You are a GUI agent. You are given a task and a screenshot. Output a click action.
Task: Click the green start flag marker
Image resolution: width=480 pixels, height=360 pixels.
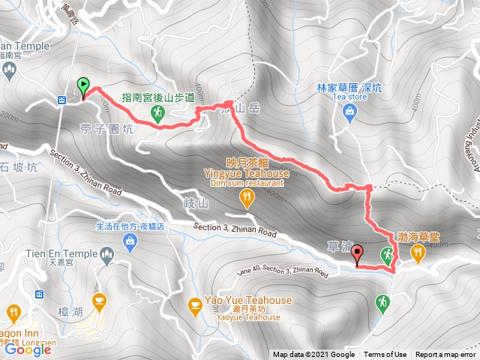click(82, 86)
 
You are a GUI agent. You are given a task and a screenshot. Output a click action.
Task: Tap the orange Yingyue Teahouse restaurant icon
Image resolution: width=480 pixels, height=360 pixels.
click(247, 197)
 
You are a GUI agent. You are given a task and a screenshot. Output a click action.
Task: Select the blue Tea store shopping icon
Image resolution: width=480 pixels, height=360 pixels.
click(349, 112)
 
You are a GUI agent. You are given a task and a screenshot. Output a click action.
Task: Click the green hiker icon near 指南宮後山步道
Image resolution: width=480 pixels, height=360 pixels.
click(157, 112)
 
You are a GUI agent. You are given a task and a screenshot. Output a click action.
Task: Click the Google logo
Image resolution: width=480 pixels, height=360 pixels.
click(28, 349)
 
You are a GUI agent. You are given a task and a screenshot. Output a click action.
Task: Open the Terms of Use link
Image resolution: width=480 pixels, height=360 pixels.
click(385, 355)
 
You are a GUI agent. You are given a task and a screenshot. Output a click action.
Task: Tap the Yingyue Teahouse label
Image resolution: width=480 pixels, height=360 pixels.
click(256, 170)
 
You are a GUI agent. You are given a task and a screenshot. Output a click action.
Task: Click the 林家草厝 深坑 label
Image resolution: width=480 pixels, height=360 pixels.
click(349, 87)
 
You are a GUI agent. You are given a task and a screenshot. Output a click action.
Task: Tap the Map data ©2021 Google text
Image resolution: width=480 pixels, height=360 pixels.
click(313, 355)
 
